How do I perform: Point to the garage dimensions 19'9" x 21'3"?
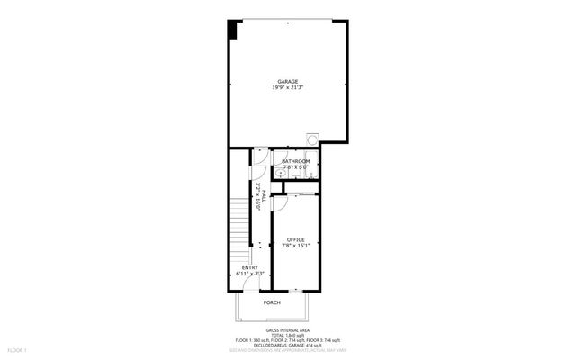[287, 88]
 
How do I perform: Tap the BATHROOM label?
[295, 161]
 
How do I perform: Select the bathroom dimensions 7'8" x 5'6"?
[295, 167]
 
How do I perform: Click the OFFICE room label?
[296, 239]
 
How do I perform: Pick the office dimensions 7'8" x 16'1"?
[296, 246]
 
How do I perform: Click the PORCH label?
[272, 303]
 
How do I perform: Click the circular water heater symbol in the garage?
[312, 139]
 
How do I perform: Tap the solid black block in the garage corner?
[233, 29]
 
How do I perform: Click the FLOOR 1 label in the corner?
[18, 349]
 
